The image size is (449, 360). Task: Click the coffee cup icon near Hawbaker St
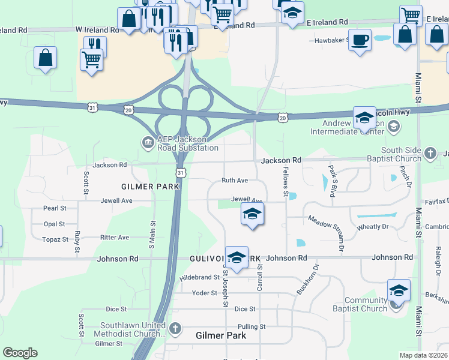click(360, 40)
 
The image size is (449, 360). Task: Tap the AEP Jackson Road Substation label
click(187, 143)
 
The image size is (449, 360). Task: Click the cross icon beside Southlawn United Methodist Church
click(175, 328)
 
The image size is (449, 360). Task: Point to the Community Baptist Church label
click(365, 305)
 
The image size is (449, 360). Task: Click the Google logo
click(20, 353)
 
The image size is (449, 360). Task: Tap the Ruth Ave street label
click(235, 180)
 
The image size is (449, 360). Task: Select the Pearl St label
click(54, 208)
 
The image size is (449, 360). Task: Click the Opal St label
click(54, 224)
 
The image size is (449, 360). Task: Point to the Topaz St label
click(56, 239)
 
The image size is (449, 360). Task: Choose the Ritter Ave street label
click(115, 238)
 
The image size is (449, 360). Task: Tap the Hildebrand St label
click(200, 278)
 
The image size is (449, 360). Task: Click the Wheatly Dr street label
click(373, 227)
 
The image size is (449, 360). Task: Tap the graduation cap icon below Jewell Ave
click(253, 214)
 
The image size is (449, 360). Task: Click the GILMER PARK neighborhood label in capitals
click(150, 187)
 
